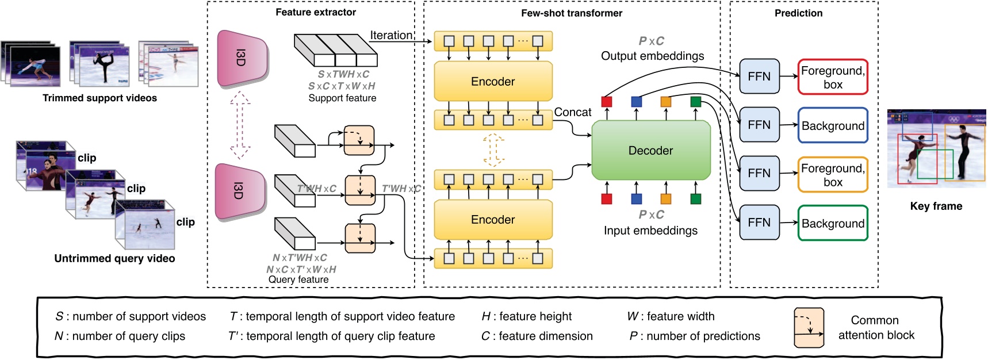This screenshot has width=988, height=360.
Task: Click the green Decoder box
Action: [x=650, y=151]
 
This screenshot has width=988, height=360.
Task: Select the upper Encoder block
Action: [x=493, y=82]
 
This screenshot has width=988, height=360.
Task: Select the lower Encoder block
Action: [x=493, y=220]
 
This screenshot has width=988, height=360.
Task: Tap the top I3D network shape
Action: [x=242, y=58]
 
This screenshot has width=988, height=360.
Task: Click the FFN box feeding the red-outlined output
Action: [x=759, y=76]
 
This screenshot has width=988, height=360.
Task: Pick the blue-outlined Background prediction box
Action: [x=832, y=126]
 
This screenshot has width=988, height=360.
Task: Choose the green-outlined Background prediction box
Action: [x=832, y=224]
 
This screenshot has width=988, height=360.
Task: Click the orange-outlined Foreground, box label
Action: [x=832, y=175]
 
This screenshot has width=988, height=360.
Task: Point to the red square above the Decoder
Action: [x=607, y=102]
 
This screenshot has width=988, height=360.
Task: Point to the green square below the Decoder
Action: [x=695, y=199]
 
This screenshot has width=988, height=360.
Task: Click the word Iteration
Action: [x=391, y=35]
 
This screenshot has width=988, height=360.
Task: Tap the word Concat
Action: [x=572, y=112]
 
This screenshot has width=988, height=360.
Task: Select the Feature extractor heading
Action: [x=316, y=12]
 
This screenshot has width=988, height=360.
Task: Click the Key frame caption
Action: [x=936, y=206]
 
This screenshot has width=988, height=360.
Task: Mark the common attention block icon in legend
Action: [x=809, y=328]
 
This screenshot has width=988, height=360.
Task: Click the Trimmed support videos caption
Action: [x=99, y=98]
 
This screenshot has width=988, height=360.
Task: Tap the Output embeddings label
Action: [x=652, y=56]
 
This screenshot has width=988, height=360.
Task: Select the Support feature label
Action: [x=342, y=98]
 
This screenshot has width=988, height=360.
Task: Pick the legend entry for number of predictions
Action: [x=695, y=336]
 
